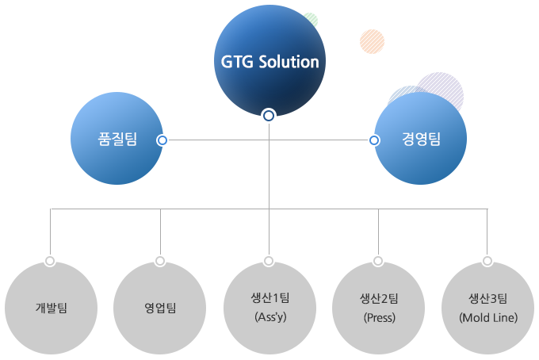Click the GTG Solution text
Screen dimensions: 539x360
click(x=269, y=62)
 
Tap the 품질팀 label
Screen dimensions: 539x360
click(x=117, y=140)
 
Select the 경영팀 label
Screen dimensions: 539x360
click(x=422, y=140)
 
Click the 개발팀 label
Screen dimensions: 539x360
click(x=52, y=308)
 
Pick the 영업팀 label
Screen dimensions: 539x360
click(x=160, y=308)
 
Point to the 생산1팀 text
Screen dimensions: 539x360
click(x=270, y=298)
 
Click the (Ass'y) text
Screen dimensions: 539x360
click(x=270, y=317)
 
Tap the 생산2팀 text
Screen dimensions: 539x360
click(x=379, y=298)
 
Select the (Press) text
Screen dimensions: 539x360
click(x=380, y=317)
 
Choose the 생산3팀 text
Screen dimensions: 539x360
click(x=488, y=298)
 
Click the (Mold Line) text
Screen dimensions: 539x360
click(x=488, y=317)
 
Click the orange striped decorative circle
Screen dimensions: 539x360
click(x=373, y=41)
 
